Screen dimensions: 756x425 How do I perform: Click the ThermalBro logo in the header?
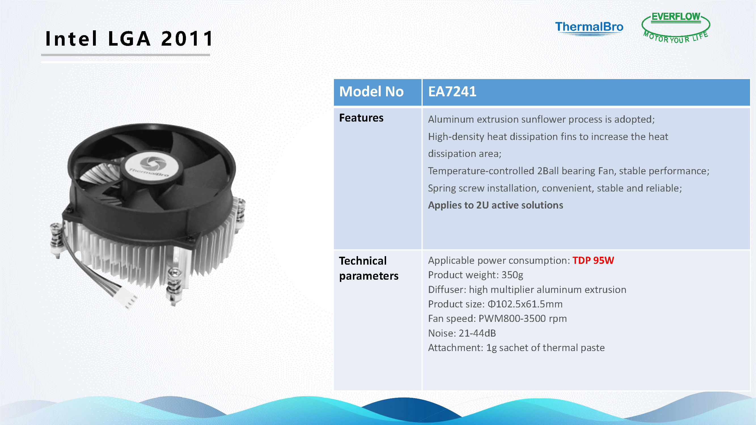[x=589, y=28]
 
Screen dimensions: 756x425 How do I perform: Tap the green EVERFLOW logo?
[x=675, y=27]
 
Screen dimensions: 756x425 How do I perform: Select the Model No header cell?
[x=377, y=92]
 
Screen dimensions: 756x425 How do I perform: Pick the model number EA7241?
[x=452, y=92]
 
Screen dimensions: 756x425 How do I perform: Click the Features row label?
[x=361, y=118]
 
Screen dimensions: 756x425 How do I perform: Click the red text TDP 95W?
[x=593, y=260]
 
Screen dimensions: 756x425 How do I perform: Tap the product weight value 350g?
[x=512, y=275]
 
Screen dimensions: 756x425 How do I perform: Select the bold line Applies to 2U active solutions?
[x=495, y=205]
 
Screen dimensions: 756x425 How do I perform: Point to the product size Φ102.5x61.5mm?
[x=525, y=304]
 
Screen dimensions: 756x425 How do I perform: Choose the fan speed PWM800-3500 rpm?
[x=522, y=318]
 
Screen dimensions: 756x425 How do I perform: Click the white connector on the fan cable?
[x=127, y=297]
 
